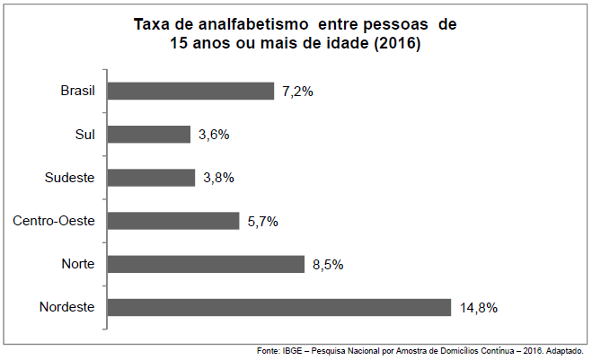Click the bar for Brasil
(190, 91)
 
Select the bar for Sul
(149, 134)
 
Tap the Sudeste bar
(151, 177)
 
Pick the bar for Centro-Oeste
(173, 221)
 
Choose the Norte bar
(206, 264)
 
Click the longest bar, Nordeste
(278, 307)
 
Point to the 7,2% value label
(296, 92)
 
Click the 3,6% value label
(213, 135)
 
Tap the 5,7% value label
(262, 221)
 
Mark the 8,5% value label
(328, 264)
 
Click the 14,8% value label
(477, 308)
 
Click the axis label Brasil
(77, 91)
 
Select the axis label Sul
(85, 134)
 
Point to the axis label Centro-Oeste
(54, 221)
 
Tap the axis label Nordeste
(67, 307)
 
